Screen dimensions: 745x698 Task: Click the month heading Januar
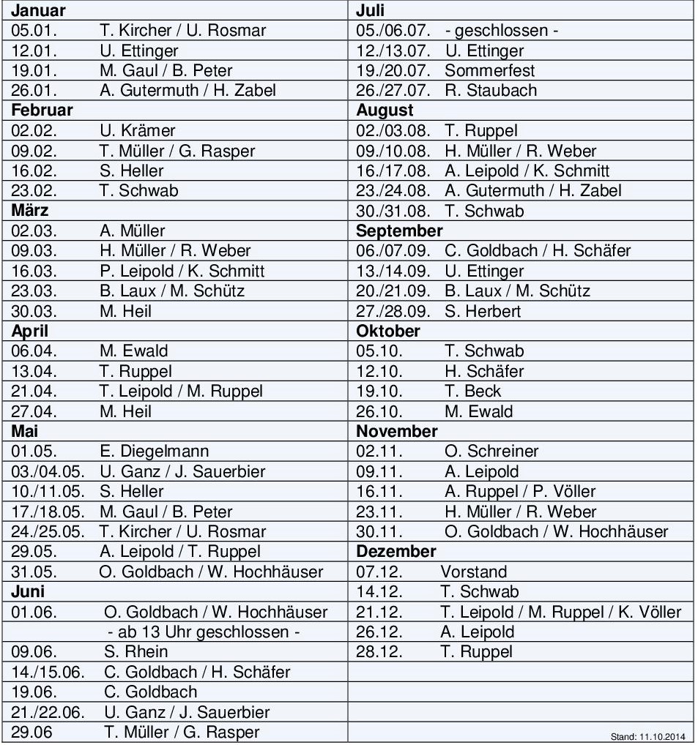[38, 10]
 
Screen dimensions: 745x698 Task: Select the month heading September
[399, 231]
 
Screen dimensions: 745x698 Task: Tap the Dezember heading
[396, 551]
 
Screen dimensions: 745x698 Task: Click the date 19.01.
[34, 71]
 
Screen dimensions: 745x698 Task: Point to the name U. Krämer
[138, 131]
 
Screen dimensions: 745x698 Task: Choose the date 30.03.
[34, 311]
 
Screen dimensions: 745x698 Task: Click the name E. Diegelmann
[154, 452]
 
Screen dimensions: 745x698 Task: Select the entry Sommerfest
[489, 71]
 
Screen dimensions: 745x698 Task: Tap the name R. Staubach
[491, 91]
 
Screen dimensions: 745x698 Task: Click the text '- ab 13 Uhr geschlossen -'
[204, 632]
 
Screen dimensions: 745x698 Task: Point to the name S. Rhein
[136, 651]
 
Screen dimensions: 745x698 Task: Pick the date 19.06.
[34, 692]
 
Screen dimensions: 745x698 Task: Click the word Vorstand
[473, 572]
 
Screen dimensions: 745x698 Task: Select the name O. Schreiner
[491, 452]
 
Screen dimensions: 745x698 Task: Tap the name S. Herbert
[483, 311]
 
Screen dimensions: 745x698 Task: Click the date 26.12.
[379, 632]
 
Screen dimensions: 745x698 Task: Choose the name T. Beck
[473, 391]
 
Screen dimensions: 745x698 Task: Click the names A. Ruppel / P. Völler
[520, 491]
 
